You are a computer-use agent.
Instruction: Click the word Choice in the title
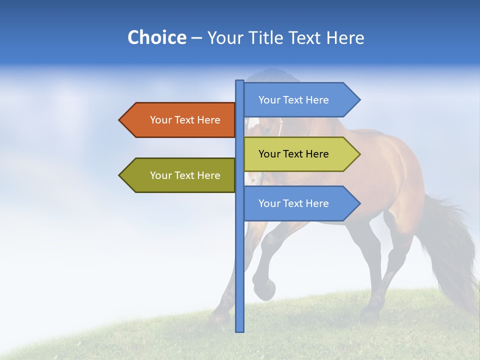click(x=156, y=37)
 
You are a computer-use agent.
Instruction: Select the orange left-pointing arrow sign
click(x=180, y=120)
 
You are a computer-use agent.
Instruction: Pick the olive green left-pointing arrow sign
click(x=180, y=175)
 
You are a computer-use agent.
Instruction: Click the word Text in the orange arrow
click(x=185, y=120)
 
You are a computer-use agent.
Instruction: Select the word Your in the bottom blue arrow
click(x=269, y=203)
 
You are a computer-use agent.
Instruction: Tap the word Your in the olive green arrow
click(x=160, y=175)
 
